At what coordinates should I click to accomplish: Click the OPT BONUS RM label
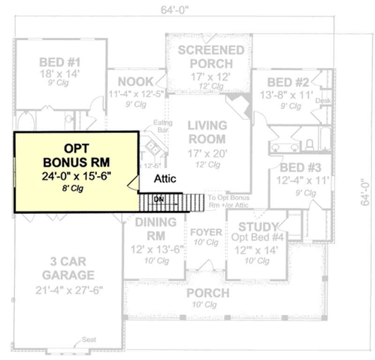76,155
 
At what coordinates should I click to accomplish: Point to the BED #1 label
60,62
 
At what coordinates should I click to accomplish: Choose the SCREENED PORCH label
211,57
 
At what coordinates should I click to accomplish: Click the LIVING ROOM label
207,132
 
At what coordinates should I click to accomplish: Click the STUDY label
258,227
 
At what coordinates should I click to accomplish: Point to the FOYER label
206,232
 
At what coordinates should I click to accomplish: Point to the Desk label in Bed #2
322,101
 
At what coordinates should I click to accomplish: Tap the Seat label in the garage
89,339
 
